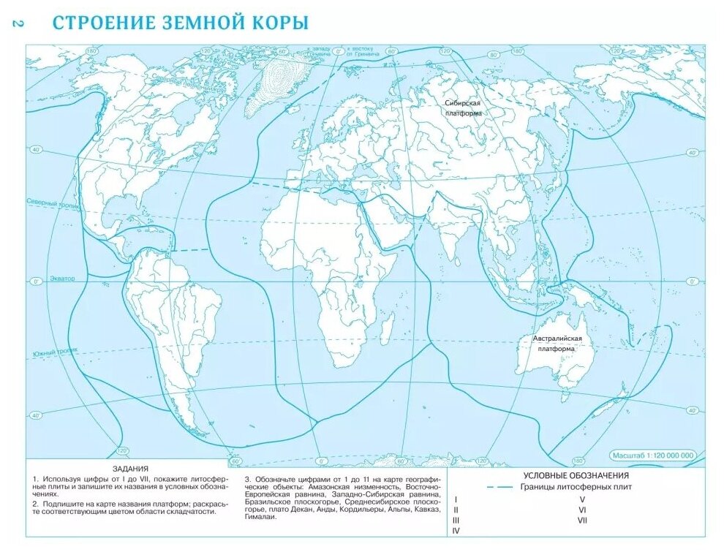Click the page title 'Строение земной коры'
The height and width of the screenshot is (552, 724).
pos(180,22)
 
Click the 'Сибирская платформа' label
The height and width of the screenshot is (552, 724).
pos(463,108)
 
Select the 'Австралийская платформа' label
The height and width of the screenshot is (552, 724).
pos(557,344)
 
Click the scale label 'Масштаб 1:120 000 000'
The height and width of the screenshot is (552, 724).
pos(653,455)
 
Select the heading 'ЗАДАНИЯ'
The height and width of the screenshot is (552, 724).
pos(130,469)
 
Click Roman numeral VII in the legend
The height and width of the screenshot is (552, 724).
pos(582,520)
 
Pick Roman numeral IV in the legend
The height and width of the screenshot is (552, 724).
pos(456,530)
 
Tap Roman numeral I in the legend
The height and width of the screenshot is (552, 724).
pos(456,499)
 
